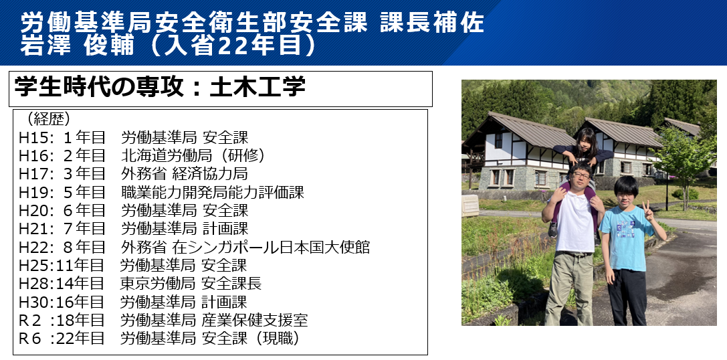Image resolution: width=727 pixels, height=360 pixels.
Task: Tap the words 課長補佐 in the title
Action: pyautogui.click(x=432, y=23)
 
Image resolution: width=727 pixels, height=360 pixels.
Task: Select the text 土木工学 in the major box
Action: pyautogui.click(x=257, y=87)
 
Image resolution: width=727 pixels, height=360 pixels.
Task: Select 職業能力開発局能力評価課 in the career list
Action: pyautogui.click(x=213, y=192)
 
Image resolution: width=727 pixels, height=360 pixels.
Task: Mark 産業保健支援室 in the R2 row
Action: pyautogui.click(x=255, y=320)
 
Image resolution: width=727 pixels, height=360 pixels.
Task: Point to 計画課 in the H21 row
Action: pyautogui.click(x=225, y=228)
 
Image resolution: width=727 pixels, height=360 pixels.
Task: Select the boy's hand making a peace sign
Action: pyautogui.click(x=647, y=211)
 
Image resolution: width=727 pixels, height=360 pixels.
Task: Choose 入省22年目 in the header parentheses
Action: pyautogui.click(x=239, y=46)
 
